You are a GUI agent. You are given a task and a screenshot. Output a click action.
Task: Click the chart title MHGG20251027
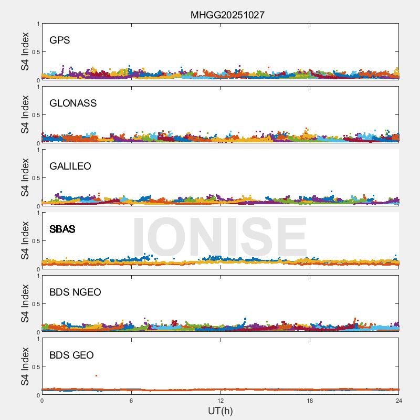pyautogui.click(x=227, y=15)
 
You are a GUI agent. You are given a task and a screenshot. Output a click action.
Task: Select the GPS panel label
pyautogui.click(x=60, y=40)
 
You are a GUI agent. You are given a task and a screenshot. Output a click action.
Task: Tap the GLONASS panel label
pyautogui.click(x=73, y=103)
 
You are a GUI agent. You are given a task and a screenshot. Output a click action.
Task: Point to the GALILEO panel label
pyautogui.click(x=70, y=166)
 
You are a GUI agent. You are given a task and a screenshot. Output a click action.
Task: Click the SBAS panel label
pyautogui.click(x=62, y=229)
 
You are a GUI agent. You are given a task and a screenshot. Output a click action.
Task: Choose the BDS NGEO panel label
pyautogui.click(x=75, y=292)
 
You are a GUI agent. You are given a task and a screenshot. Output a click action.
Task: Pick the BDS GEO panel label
pyautogui.click(x=71, y=355)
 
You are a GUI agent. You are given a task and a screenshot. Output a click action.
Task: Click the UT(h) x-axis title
pyautogui.click(x=220, y=411)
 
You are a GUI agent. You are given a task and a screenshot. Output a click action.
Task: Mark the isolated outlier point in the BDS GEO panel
pyautogui.click(x=96, y=375)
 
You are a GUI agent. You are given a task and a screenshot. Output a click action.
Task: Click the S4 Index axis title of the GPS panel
pyautogui.click(x=25, y=51)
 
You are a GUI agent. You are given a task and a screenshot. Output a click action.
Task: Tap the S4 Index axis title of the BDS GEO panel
pyautogui.click(x=25, y=366)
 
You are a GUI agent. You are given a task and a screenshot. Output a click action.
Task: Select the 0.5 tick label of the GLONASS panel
pyautogui.click(x=34, y=115)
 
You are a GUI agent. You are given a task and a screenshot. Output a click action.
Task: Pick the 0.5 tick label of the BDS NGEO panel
pyautogui.click(x=34, y=304)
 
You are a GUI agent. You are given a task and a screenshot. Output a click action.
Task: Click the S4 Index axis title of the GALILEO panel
pyautogui.click(x=25, y=177)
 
